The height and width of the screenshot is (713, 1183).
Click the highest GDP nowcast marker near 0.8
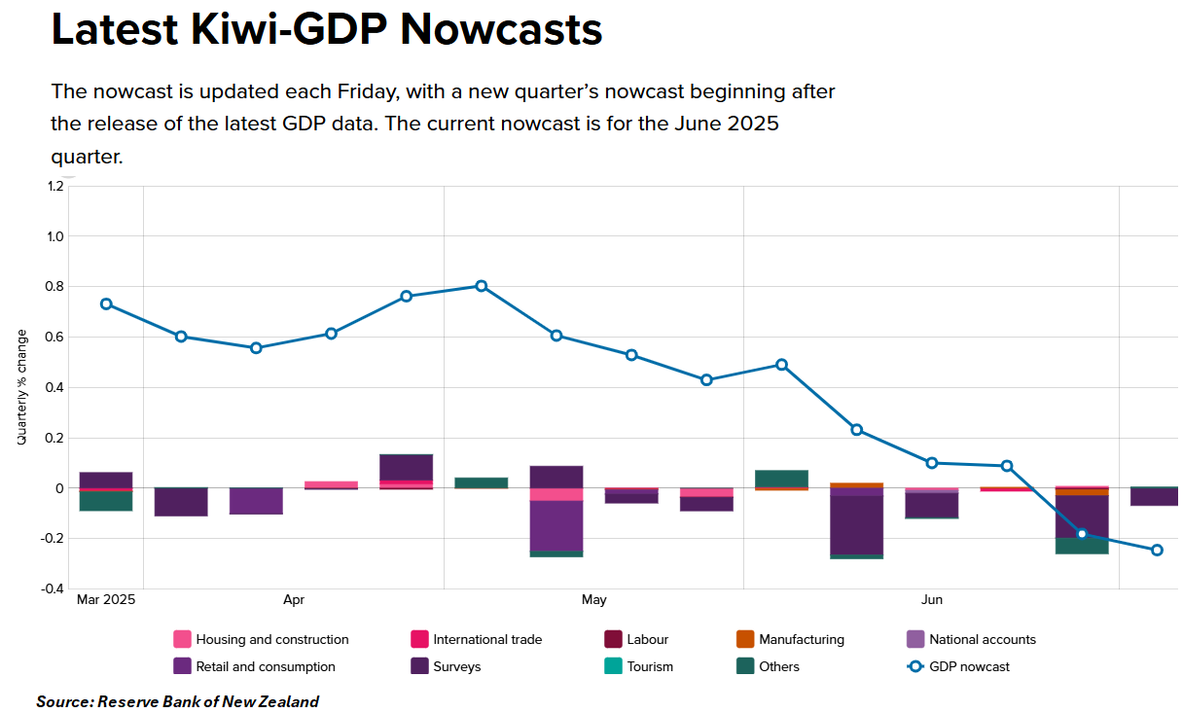click(x=482, y=286)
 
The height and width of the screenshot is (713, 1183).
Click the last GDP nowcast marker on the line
click(x=1157, y=551)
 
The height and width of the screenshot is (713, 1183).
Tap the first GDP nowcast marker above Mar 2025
click(x=106, y=303)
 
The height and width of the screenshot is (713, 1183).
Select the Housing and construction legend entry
click(x=262, y=640)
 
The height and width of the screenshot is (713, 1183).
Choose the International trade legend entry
click(x=477, y=640)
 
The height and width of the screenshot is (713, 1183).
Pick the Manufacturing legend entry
click(x=790, y=640)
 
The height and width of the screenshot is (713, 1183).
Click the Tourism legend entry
click(x=639, y=667)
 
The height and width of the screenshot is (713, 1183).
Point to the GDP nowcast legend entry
click(x=958, y=667)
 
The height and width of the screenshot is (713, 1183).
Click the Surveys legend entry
click(x=447, y=667)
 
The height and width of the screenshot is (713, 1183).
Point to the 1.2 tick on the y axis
click(x=54, y=186)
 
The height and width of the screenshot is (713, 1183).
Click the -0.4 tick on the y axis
click(x=52, y=588)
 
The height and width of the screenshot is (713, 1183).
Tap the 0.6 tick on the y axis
click(x=54, y=337)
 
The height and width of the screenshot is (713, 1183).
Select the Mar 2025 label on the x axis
click(x=106, y=600)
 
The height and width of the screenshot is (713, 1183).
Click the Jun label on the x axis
click(x=932, y=600)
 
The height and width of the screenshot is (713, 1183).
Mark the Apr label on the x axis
click(x=294, y=600)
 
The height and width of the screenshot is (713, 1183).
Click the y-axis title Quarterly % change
click(x=22, y=387)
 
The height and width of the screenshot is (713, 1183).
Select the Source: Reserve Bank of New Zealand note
click(x=178, y=701)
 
